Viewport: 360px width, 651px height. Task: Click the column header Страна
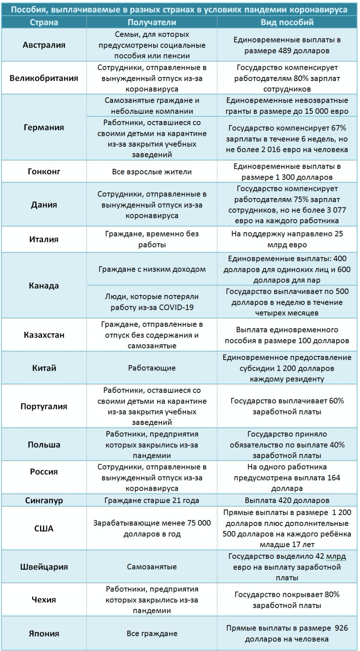click(44, 22)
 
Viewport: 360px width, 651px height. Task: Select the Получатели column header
click(152, 22)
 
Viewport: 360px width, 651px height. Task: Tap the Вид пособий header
click(287, 22)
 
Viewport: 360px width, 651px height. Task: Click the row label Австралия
click(44, 45)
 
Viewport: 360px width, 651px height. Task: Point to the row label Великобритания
click(44, 78)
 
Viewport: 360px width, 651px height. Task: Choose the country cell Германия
click(44, 127)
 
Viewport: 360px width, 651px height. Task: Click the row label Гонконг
click(44, 172)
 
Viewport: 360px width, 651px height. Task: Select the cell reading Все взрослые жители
click(152, 172)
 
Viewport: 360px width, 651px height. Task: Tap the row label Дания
click(44, 204)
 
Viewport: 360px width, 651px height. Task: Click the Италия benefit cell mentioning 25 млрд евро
click(287, 239)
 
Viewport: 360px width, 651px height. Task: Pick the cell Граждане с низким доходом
click(152, 269)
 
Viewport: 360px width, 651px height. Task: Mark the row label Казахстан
click(44, 335)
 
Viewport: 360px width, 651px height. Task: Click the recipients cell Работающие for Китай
click(152, 368)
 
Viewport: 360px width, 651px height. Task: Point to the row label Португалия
click(44, 406)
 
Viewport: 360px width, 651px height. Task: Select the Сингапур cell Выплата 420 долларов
click(287, 500)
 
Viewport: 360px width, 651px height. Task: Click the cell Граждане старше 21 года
click(152, 500)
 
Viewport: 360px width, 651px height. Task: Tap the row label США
click(44, 528)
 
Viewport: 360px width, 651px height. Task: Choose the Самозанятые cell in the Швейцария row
click(152, 567)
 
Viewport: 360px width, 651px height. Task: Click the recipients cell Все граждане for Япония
click(152, 634)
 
